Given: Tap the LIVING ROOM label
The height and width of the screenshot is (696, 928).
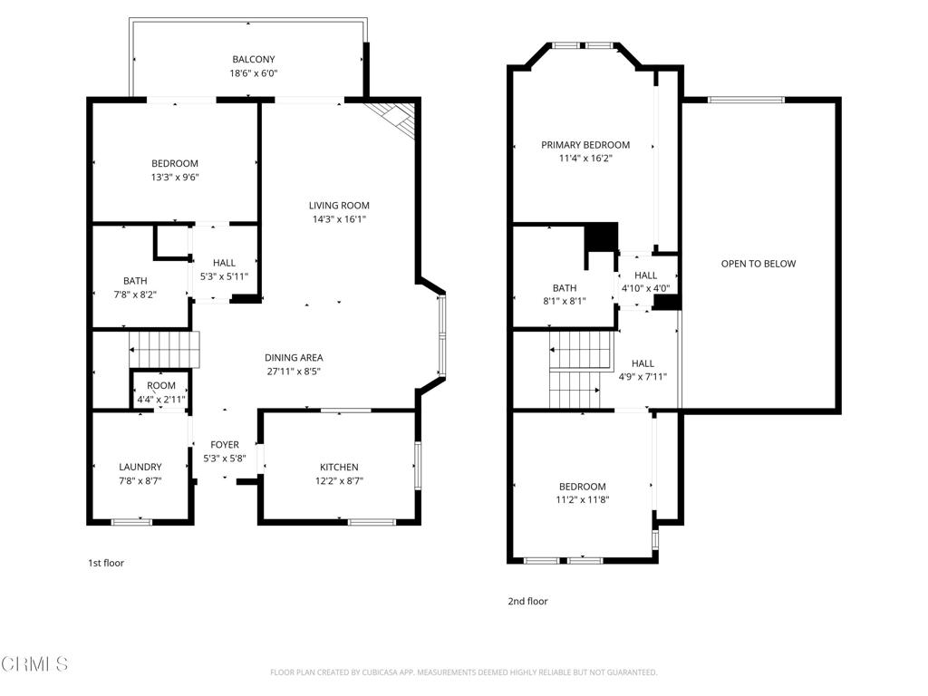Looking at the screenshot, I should click(339, 206).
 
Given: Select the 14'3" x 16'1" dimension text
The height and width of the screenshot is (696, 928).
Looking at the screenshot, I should click(339, 219).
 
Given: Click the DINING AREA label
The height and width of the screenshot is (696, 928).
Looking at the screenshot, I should click(294, 358).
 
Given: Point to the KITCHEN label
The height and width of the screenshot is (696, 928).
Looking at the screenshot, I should click(339, 468).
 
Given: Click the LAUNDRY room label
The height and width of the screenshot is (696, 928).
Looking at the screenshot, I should click(140, 468).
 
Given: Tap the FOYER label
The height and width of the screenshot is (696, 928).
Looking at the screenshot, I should click(225, 445).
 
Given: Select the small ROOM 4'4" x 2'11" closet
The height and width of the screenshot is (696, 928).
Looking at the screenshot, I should click(161, 391).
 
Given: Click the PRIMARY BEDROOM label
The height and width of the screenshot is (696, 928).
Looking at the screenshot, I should click(585, 145).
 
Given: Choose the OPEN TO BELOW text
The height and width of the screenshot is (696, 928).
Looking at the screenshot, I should click(758, 264).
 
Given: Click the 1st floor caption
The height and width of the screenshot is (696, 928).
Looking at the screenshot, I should click(105, 563).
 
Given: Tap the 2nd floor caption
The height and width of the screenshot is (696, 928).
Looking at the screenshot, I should click(527, 601).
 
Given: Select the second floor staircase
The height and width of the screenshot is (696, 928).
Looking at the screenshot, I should click(575, 370).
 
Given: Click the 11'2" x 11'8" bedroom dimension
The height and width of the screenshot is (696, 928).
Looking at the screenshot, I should click(583, 499).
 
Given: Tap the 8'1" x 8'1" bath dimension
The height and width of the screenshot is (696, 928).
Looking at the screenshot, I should click(564, 301).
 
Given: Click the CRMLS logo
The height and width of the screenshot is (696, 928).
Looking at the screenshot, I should click(34, 664).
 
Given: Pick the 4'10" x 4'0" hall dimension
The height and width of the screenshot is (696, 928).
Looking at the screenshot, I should click(645, 289).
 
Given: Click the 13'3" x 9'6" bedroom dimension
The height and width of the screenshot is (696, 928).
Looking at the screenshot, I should click(175, 178).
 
